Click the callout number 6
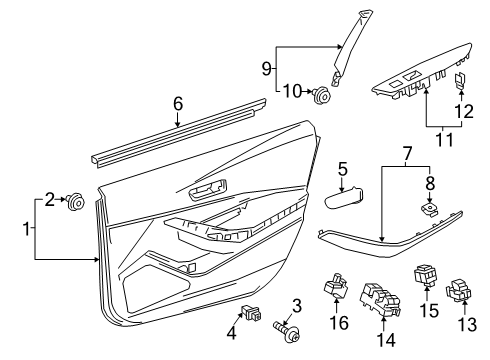coord(177,103)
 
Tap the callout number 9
coord(267,69)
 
